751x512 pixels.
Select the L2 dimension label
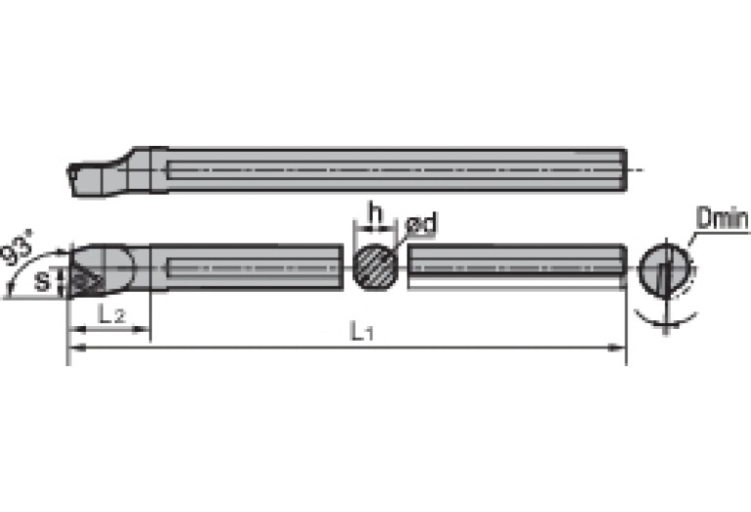(x=110, y=314)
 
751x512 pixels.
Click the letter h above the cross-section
(x=372, y=212)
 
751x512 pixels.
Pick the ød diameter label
(x=421, y=225)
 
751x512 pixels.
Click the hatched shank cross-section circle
(x=376, y=266)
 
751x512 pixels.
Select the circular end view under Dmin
(x=666, y=267)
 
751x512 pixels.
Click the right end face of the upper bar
(x=624, y=170)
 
